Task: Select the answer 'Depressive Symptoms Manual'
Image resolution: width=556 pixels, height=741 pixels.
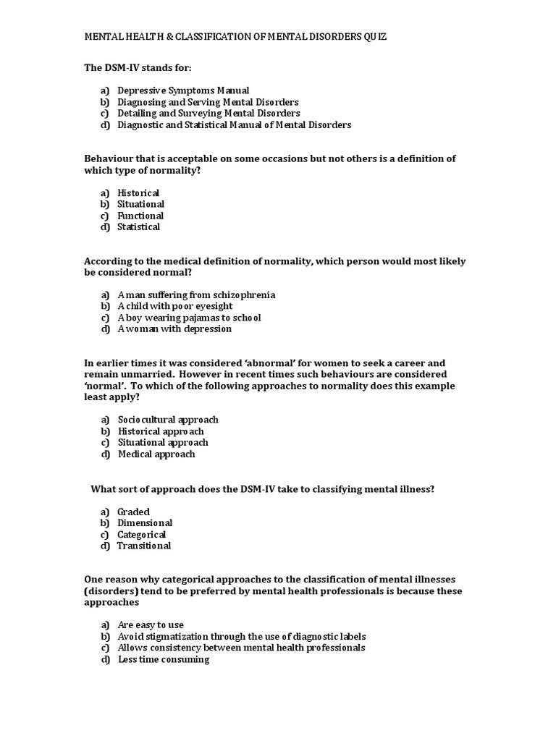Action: pyautogui.click(x=183, y=90)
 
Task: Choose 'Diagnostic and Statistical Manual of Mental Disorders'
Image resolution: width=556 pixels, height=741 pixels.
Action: pyautogui.click(x=234, y=125)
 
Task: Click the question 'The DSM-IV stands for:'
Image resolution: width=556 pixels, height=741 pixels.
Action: pyautogui.click(x=138, y=67)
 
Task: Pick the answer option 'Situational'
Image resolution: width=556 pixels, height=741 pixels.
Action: pyautogui.click(x=140, y=204)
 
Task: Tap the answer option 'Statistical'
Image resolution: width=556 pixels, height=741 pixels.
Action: pyautogui.click(x=138, y=227)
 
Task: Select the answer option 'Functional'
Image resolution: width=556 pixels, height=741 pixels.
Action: pyautogui.click(x=140, y=216)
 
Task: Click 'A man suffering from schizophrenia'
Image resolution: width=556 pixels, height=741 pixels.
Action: pyautogui.click(x=196, y=295)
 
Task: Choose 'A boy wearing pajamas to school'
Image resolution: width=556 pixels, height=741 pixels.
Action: pyautogui.click(x=189, y=318)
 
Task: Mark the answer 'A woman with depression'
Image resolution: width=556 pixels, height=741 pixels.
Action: pyautogui.click(x=174, y=329)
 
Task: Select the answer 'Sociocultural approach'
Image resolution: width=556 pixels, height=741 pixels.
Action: pyautogui.click(x=168, y=420)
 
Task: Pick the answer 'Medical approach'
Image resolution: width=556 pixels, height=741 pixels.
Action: pyautogui.click(x=156, y=454)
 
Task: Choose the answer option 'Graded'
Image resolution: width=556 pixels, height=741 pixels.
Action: pyautogui.click(x=133, y=512)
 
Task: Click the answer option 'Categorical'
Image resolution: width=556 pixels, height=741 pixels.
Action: pyautogui.click(x=142, y=535)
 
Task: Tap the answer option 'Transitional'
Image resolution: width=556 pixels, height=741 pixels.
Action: pyautogui.click(x=144, y=546)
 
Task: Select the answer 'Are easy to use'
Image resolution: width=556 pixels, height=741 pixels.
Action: pyautogui.click(x=151, y=625)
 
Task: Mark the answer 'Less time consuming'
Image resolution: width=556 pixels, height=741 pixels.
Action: pyautogui.click(x=164, y=660)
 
